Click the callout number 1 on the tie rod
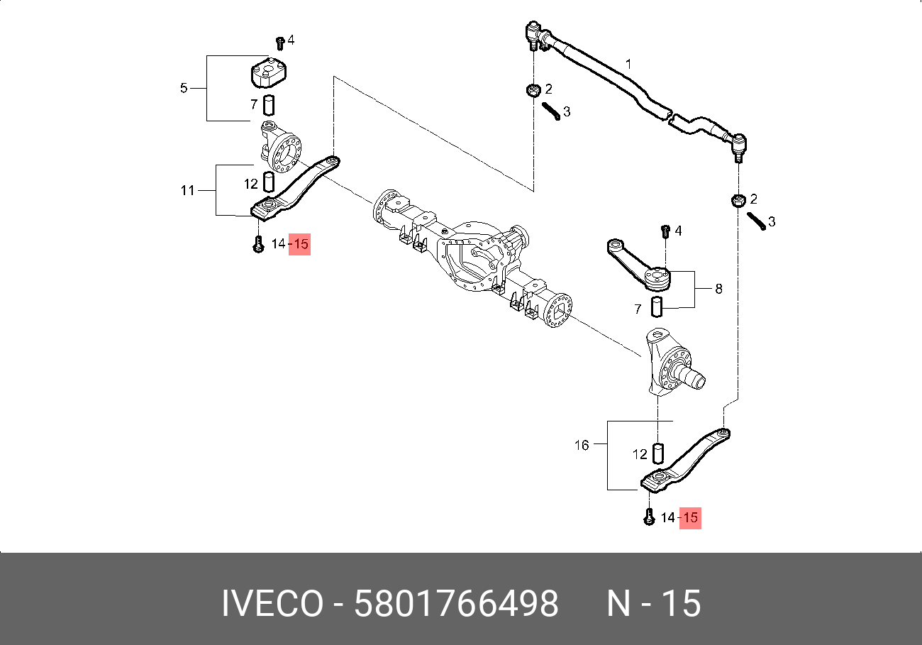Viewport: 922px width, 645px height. (x=628, y=64)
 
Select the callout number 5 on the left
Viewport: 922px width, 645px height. (x=184, y=89)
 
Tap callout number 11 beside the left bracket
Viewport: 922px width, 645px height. (x=187, y=190)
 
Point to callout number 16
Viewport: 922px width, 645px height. (x=582, y=446)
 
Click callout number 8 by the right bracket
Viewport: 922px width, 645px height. (x=718, y=290)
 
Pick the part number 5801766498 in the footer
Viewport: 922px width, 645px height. (x=456, y=605)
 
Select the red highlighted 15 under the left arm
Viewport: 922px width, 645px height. (x=300, y=244)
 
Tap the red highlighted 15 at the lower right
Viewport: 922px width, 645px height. (x=690, y=518)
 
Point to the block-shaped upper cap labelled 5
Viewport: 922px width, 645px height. (x=271, y=75)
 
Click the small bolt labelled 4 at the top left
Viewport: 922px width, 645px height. (x=279, y=43)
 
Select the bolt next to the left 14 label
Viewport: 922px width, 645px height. (x=258, y=244)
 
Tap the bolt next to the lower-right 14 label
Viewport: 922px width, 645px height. (x=648, y=518)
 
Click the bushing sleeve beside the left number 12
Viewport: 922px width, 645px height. (x=270, y=182)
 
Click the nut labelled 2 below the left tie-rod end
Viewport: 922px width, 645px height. (x=531, y=90)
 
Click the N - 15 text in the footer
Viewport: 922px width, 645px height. (x=653, y=605)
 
